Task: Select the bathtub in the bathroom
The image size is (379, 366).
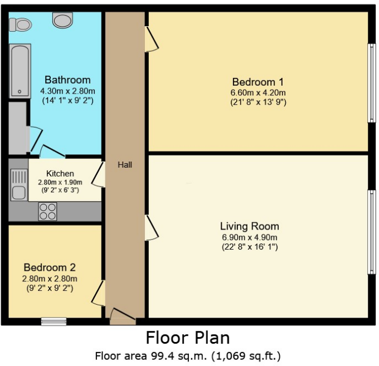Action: [18, 71]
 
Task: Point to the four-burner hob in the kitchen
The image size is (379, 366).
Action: [47, 211]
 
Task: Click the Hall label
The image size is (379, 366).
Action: [125, 165]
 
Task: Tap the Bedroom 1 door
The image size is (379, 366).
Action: [150, 40]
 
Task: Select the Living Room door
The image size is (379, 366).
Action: [150, 228]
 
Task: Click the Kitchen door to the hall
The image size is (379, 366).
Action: [99, 174]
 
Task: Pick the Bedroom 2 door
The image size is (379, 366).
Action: [99, 293]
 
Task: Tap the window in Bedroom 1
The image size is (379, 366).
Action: [371, 82]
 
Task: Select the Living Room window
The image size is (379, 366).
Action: [371, 232]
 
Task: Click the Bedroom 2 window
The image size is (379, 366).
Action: [54, 321]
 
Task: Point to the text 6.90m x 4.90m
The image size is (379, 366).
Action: [249, 237]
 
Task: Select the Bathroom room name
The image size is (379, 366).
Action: [67, 80]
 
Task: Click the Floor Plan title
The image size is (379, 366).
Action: [188, 338]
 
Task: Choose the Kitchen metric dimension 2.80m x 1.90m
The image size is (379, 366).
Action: [60, 182]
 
